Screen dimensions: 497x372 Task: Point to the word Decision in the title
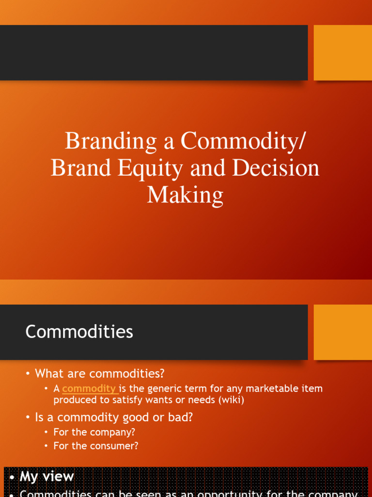[276, 168]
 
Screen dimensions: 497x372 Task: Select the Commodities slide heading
[79, 332]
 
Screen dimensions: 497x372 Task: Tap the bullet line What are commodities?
[99, 374]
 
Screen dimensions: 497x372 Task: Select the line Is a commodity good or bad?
[113, 417]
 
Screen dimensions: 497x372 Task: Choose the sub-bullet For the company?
[94, 432]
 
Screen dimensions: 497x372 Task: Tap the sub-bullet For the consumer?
[95, 446]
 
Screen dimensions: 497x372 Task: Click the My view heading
[46, 477]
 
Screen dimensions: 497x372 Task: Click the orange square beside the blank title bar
[342, 52]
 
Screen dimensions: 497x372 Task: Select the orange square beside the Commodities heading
[342, 332]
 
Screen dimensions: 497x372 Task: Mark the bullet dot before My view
[12, 478]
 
